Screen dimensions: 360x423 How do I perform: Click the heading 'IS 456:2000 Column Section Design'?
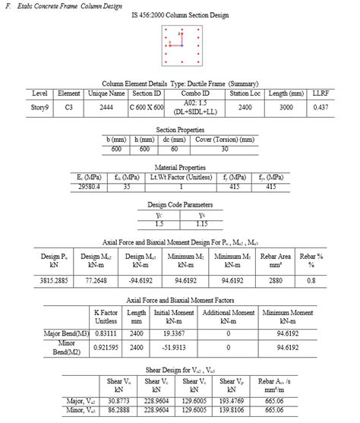179,17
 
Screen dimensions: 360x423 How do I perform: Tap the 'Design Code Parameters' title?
179,204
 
